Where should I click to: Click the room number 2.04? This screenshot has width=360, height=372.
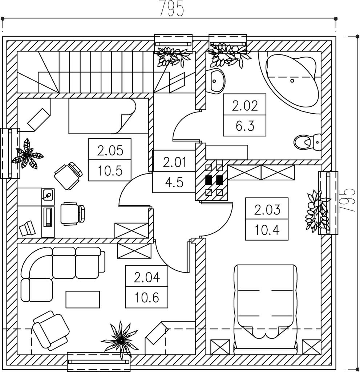point(146,278)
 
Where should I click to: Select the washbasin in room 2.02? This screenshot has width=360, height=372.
point(217,80)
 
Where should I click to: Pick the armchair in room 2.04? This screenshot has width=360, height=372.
point(51,330)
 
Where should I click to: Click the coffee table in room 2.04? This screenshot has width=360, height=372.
point(82,299)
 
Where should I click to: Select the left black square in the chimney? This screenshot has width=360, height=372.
point(209,180)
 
